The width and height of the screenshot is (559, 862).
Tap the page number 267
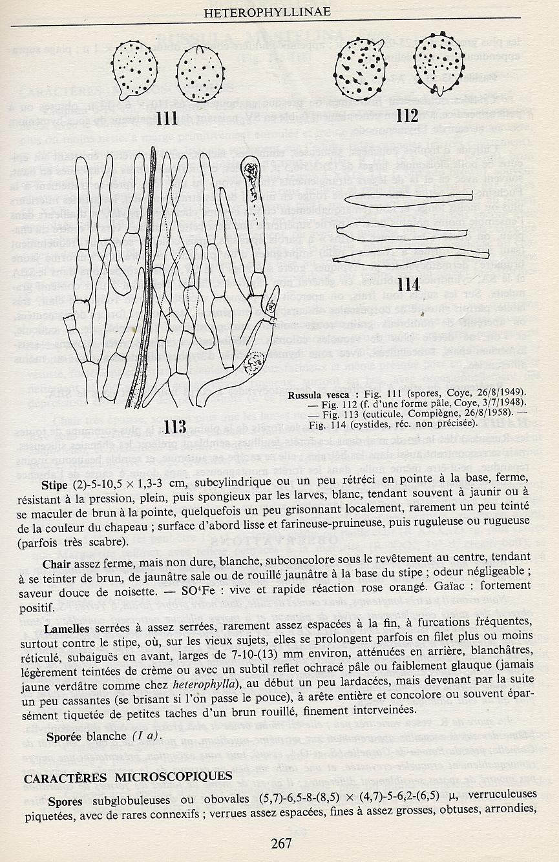coord(282,843)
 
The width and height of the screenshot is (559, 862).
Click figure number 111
coord(167,118)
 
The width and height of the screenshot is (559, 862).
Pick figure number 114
coord(409,284)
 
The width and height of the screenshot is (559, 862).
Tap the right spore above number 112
coord(438,63)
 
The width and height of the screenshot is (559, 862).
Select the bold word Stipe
coord(54,484)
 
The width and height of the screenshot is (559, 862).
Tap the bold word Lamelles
coord(67,628)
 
